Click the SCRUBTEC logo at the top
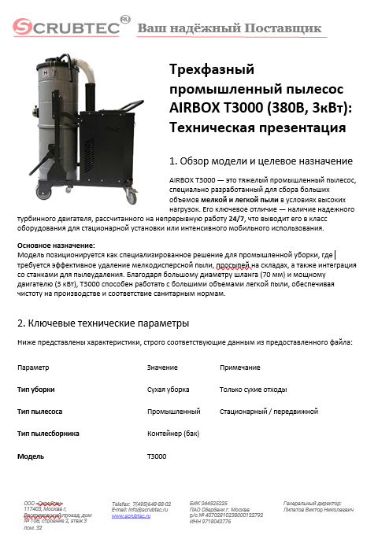(x=68, y=28)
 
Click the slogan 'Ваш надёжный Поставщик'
(x=230, y=29)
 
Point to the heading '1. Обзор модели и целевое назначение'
(x=261, y=161)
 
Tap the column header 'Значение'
(x=162, y=368)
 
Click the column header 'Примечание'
(x=240, y=368)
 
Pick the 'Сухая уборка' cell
(x=168, y=390)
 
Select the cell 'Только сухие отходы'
(x=253, y=390)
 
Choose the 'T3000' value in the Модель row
(x=157, y=456)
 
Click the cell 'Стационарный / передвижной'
(x=269, y=412)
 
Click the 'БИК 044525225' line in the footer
(x=209, y=502)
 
